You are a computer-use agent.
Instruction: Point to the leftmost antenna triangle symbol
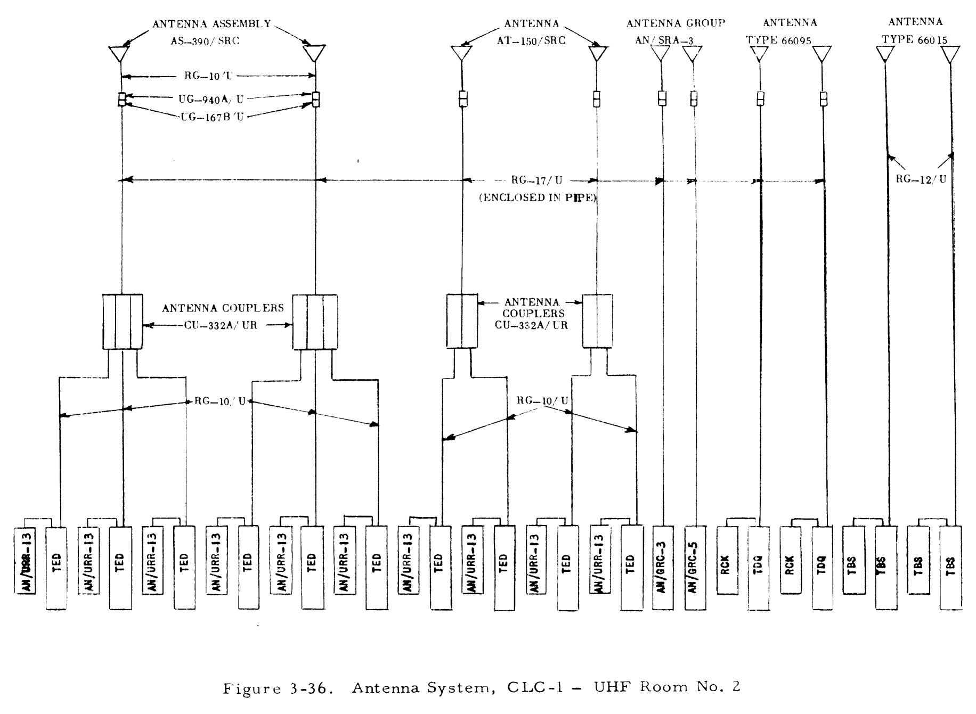coord(119,53)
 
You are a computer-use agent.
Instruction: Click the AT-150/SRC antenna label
coord(531,40)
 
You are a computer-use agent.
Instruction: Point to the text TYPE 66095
coord(778,40)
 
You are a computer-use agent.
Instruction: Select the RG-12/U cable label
coord(921,179)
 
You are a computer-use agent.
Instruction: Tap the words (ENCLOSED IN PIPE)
coord(538,198)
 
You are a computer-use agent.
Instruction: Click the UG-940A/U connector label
coord(211,99)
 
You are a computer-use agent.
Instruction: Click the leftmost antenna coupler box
coord(123,322)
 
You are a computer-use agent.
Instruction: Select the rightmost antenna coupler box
coord(597,321)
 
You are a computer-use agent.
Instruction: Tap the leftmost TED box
coord(56,568)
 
